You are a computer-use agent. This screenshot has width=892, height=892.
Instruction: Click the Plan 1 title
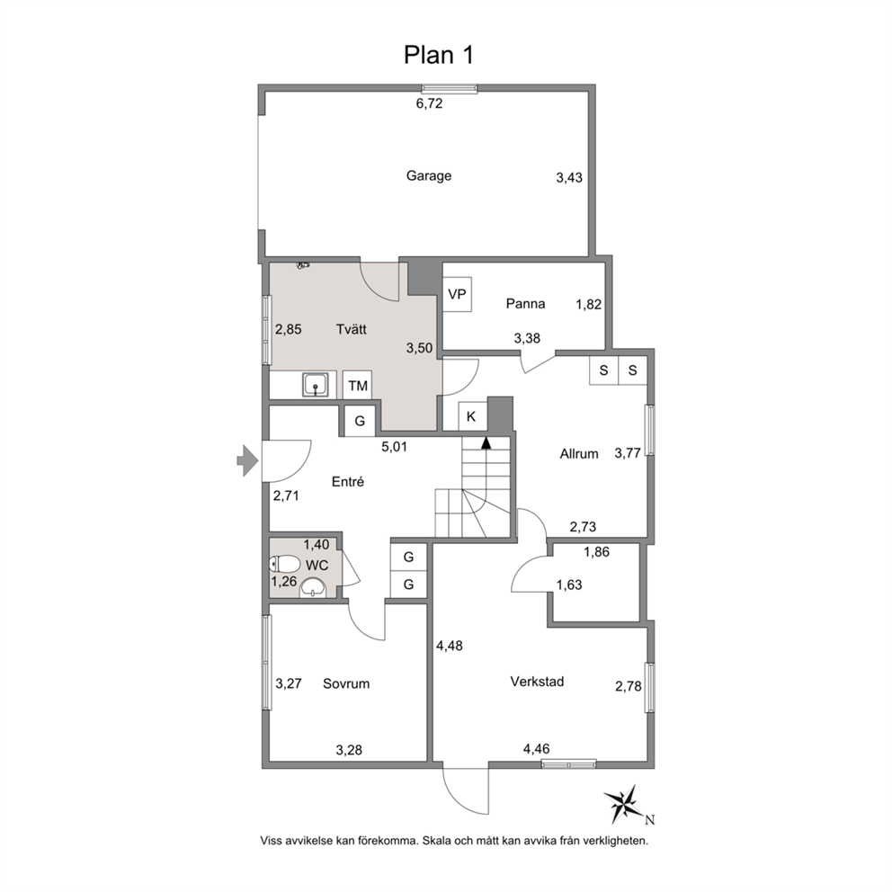(x=438, y=55)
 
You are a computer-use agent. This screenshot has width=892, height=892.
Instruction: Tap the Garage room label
(x=428, y=175)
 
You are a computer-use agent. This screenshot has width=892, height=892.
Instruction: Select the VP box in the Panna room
(x=458, y=294)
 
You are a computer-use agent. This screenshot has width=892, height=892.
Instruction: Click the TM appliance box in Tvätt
(x=358, y=387)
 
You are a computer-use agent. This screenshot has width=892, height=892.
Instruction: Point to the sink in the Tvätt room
(x=315, y=385)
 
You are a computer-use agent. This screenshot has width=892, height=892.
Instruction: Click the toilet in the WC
(x=285, y=565)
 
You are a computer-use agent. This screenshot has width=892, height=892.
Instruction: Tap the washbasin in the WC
(x=312, y=588)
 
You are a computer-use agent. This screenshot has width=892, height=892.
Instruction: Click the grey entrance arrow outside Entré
(x=247, y=460)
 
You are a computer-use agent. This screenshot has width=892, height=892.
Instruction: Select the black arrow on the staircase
(x=486, y=442)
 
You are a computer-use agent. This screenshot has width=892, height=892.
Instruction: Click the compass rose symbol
(x=625, y=805)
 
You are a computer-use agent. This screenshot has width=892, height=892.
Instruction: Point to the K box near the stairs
(x=471, y=416)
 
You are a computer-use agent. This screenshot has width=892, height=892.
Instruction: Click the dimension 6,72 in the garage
(x=429, y=103)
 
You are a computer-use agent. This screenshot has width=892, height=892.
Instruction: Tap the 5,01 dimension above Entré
(x=394, y=447)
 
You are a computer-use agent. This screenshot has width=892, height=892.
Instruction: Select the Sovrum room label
(x=346, y=683)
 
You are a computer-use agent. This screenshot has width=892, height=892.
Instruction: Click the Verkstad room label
(x=537, y=681)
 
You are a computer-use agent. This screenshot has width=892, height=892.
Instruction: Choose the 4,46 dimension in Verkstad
(x=537, y=749)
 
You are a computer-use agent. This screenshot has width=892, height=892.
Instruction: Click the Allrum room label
(x=579, y=454)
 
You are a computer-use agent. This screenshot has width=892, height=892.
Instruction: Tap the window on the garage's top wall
(x=450, y=88)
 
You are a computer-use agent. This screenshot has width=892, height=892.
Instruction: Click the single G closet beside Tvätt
(x=360, y=421)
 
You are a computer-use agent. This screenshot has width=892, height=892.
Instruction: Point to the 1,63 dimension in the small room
(x=569, y=584)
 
